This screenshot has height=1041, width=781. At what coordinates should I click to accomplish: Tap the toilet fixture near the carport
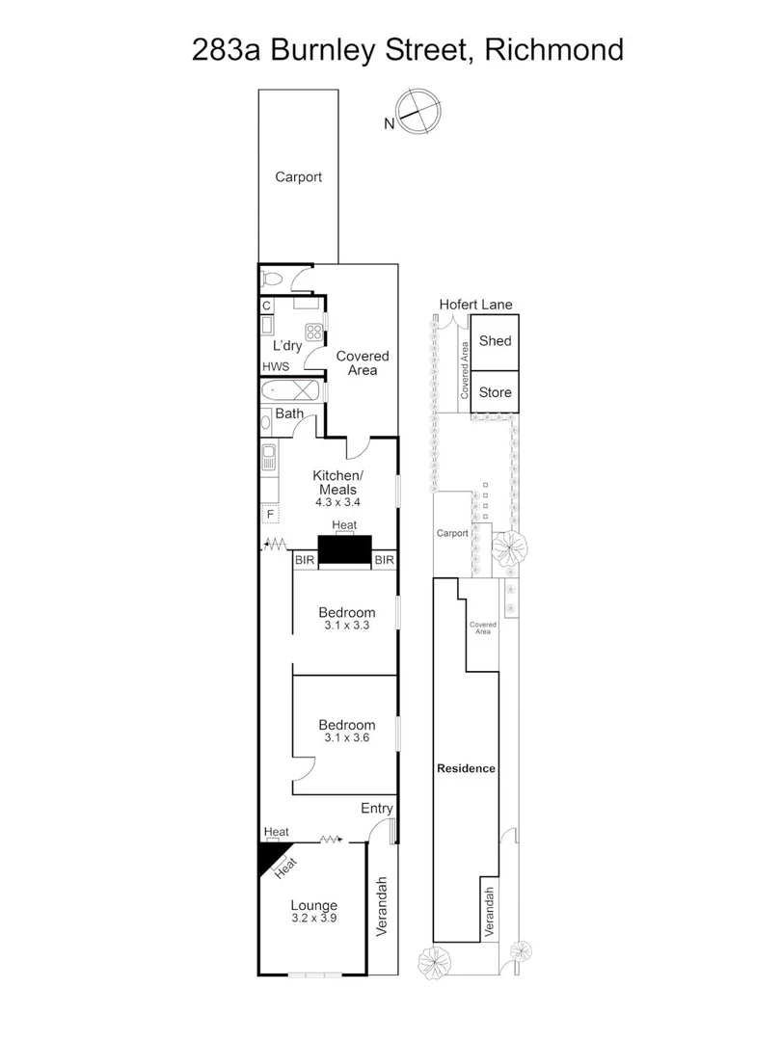[273, 280]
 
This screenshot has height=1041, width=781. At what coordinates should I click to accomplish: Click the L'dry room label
[286, 345]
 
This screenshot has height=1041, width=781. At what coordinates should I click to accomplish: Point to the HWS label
[275, 367]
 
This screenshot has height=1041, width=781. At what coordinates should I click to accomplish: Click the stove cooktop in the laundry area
[313, 329]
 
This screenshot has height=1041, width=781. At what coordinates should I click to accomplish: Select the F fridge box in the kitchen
[270, 514]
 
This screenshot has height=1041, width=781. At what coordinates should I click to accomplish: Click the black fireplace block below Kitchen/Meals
[344, 550]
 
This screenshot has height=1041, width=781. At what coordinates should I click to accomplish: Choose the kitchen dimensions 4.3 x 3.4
[337, 502]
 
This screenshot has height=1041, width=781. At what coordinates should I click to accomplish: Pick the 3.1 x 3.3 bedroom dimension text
[346, 625]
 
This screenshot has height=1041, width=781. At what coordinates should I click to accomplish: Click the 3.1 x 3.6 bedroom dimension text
[346, 737]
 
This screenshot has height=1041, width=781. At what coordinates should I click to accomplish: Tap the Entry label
[376, 808]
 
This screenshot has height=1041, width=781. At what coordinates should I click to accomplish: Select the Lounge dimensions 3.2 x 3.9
[314, 920]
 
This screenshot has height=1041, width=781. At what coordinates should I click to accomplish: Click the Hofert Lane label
[475, 305]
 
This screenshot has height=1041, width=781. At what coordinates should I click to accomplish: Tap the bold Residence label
[466, 768]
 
